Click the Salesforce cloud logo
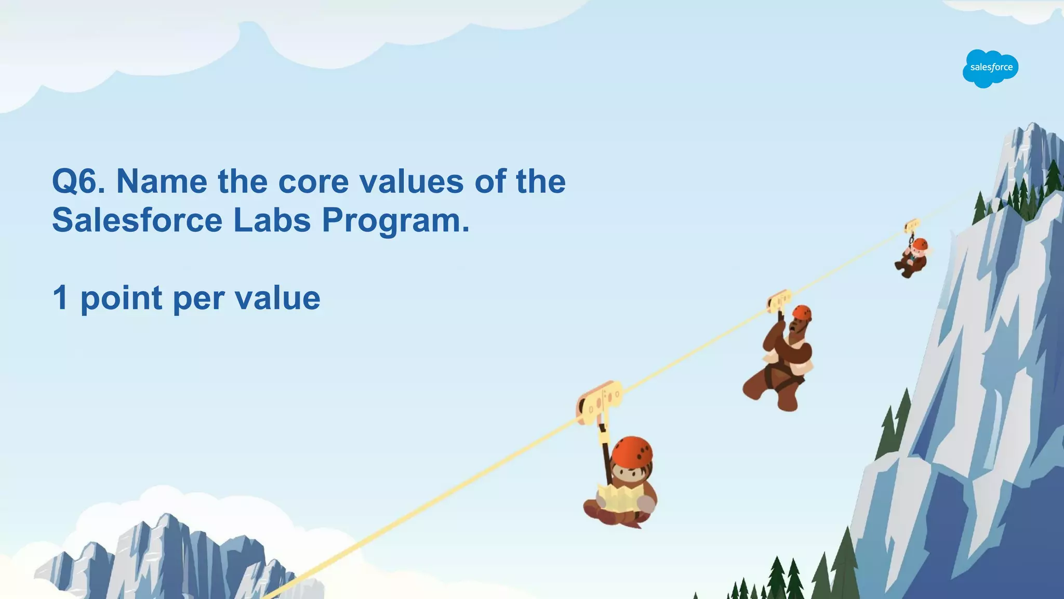pos(990,68)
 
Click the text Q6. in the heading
pos(78,181)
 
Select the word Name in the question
pos(162,181)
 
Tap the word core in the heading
pos(313,181)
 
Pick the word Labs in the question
pos(272,220)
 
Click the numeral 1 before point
pos(61,298)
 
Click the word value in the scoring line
pos(277,298)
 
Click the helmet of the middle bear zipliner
pos(802,312)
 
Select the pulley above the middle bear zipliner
pos(779,301)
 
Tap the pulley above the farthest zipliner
pos(912,226)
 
